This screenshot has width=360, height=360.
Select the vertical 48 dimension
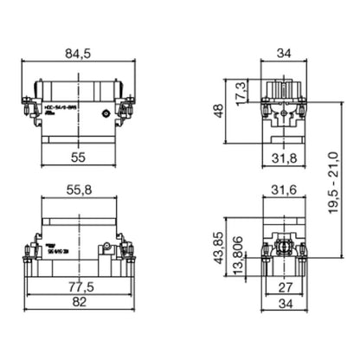pyautogui.click(x=220, y=111)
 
